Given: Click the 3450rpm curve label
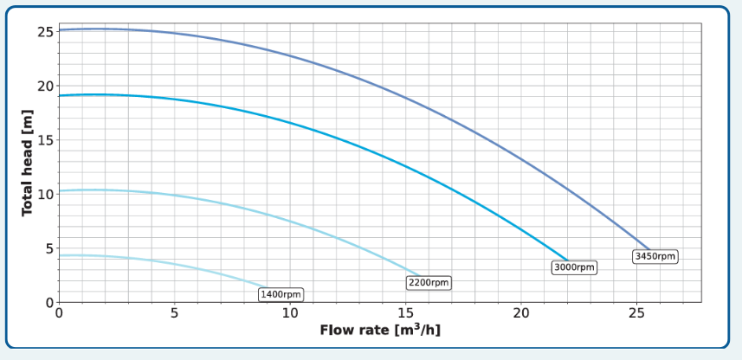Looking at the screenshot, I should click(x=655, y=256).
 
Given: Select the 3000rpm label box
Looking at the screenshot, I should click(x=574, y=267).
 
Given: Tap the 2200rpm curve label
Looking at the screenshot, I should click(x=429, y=283).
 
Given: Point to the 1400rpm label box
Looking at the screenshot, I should click(x=281, y=295).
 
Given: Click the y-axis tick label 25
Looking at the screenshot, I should click(x=45, y=32).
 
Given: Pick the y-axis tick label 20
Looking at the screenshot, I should click(x=45, y=86).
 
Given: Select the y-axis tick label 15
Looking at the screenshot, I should click(x=45, y=140).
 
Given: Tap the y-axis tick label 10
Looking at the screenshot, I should click(x=45, y=194).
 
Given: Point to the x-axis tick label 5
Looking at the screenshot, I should click(x=174, y=313).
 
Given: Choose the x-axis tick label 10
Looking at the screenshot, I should click(x=290, y=313).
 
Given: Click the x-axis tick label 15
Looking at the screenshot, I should click(x=406, y=313).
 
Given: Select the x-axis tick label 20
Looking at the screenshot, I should click(x=521, y=313).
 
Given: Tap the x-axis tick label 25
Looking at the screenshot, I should click(x=637, y=313).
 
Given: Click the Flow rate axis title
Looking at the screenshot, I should click(x=380, y=331).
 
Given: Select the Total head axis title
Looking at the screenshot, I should click(x=27, y=163).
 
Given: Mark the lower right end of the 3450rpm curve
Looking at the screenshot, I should click(x=649, y=249).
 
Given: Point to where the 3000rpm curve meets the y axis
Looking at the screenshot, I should click(x=59, y=95).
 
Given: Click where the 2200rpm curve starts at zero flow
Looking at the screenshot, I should click(x=59, y=190).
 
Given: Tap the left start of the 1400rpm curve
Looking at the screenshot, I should click(x=59, y=255).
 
